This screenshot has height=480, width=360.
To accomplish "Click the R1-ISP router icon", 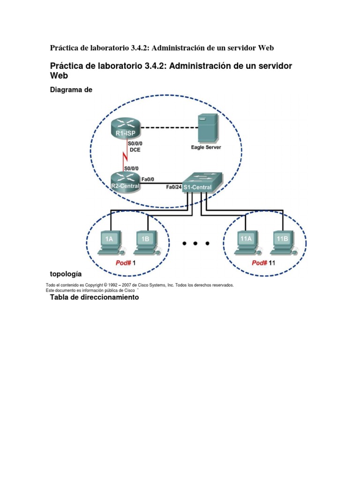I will click(x=125, y=128).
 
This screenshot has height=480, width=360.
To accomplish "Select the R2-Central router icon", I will click(x=125, y=181).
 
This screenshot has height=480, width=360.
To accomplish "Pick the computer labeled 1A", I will click(x=109, y=243).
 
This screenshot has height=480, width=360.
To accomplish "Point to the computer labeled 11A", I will click(x=246, y=243).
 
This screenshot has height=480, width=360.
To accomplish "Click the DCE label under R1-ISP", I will click(x=135, y=150).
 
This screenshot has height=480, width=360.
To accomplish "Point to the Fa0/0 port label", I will click(x=148, y=179).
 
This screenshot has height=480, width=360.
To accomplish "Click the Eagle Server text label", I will click(x=206, y=147).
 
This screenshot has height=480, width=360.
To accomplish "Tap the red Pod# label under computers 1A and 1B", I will click(x=123, y=263).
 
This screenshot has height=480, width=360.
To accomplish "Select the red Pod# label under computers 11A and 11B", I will click(x=259, y=263).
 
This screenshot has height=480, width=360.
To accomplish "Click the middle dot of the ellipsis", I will click(x=195, y=244).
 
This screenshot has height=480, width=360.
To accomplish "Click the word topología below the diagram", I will click(x=66, y=273).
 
